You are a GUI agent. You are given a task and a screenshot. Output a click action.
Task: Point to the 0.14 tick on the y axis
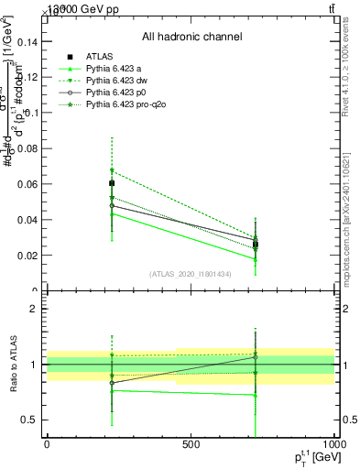click(28, 42)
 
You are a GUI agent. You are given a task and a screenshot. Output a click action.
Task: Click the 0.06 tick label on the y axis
click(28, 184)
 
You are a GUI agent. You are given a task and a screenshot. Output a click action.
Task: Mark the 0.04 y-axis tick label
click(28, 220)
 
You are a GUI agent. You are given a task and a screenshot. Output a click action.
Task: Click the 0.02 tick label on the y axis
click(28, 256)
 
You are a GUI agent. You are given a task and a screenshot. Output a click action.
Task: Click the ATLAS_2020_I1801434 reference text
click(191, 274)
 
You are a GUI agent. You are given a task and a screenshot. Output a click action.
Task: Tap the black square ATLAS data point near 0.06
click(112, 183)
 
